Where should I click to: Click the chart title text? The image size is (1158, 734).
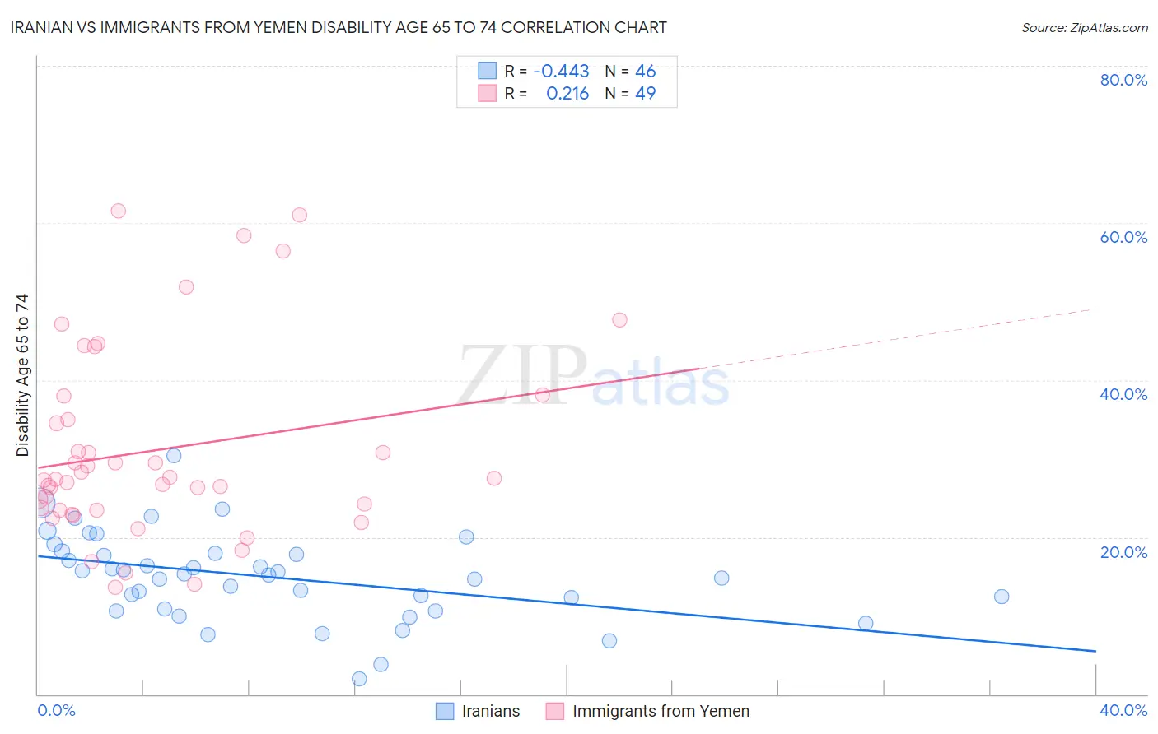(x=339, y=27)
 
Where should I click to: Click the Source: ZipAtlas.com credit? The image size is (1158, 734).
(x=1084, y=27)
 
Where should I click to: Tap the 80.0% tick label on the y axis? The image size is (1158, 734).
(x=1123, y=80)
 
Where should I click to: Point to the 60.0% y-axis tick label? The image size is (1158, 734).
(x=1123, y=237)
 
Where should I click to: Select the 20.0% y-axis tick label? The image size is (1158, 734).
(x=1123, y=551)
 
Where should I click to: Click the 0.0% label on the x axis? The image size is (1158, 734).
(x=56, y=710)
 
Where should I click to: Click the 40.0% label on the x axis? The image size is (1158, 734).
(x=1123, y=710)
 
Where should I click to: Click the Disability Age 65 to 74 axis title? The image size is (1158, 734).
(x=22, y=375)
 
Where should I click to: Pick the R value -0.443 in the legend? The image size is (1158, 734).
(x=561, y=71)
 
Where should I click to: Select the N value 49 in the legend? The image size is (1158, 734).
(x=645, y=93)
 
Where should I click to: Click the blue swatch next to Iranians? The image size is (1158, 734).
(x=445, y=711)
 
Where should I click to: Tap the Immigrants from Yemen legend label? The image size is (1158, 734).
(x=661, y=711)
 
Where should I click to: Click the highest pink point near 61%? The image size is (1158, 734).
(x=119, y=211)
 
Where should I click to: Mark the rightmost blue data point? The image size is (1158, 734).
(x=1002, y=597)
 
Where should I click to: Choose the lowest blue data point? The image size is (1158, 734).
(x=359, y=679)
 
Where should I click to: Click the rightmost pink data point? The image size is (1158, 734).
(x=619, y=320)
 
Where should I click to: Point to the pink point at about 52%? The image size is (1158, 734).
(x=186, y=287)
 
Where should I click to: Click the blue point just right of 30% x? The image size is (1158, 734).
(x=866, y=623)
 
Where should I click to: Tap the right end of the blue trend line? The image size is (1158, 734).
(x=1095, y=651)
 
